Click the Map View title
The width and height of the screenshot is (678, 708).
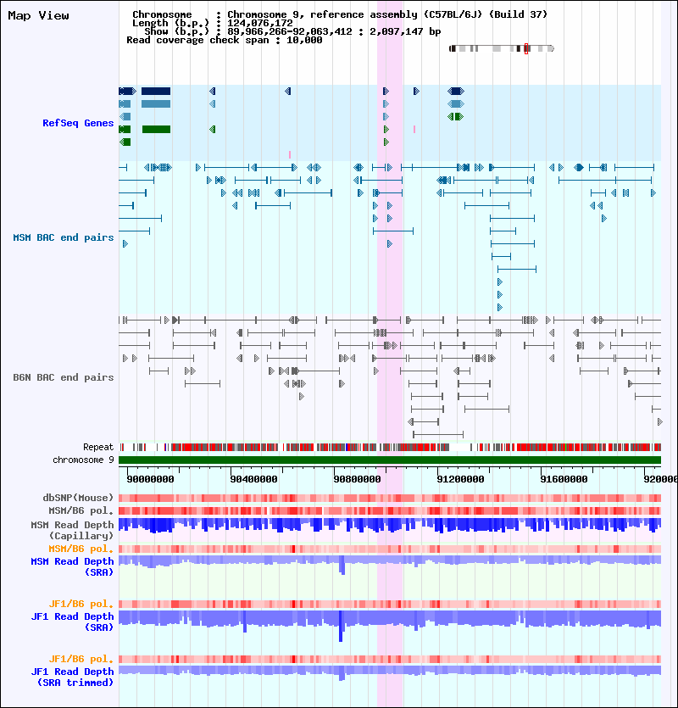pyautogui.click(x=38, y=15)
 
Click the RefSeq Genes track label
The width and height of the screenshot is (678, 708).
pyautogui.click(x=78, y=123)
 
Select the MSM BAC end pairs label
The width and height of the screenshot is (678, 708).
pyautogui.click(x=63, y=237)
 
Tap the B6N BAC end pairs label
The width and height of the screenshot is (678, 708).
pyautogui.click(x=63, y=377)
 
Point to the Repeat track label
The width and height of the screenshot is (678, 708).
pyautogui.click(x=97, y=447)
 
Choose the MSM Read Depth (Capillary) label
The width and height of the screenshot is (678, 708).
pyautogui.click(x=72, y=530)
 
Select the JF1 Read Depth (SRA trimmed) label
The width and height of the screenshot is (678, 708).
pyautogui.click(x=72, y=677)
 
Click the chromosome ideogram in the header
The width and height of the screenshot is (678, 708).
pyautogui.click(x=501, y=49)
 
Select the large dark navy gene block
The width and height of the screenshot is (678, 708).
pyautogui.click(x=156, y=91)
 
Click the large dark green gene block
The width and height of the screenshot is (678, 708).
pyautogui.click(x=156, y=130)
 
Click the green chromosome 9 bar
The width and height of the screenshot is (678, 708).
pyautogui.click(x=390, y=460)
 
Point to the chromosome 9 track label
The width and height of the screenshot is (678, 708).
pyautogui.click(x=83, y=460)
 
